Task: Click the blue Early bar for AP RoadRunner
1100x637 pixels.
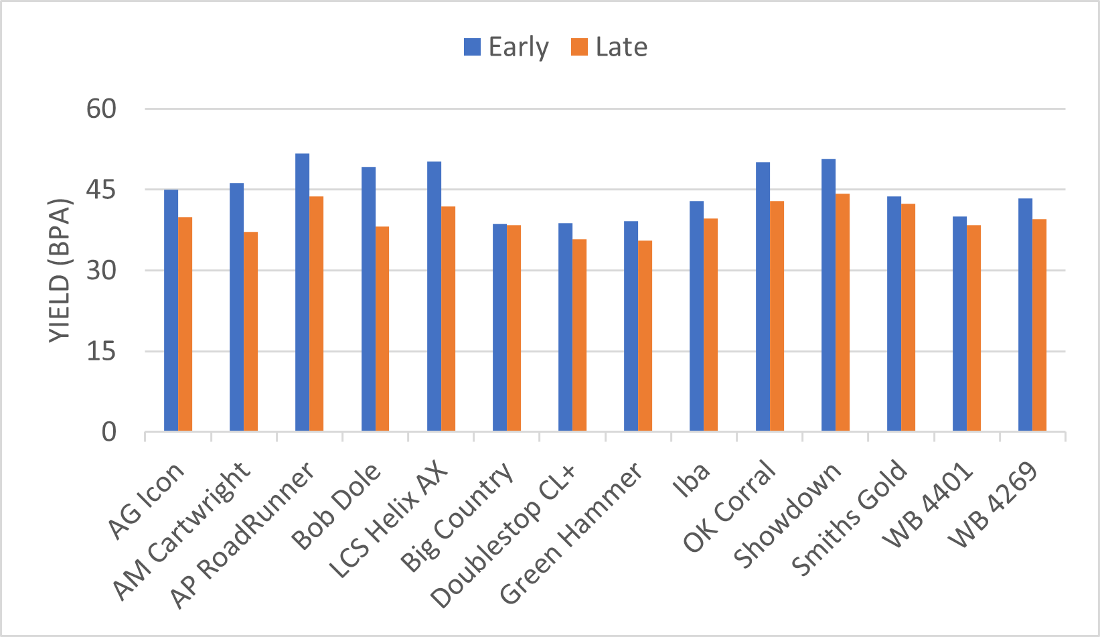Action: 302,293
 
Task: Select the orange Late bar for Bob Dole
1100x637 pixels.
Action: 382,329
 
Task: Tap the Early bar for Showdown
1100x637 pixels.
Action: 828,295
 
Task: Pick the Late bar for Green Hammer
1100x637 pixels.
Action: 645,336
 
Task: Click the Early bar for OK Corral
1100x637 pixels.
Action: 763,297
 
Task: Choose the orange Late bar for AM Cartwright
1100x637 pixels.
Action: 250,332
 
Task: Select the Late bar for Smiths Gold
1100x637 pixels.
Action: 908,317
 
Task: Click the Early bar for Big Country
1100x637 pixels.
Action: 499,328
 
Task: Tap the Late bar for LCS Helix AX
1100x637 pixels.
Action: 448,319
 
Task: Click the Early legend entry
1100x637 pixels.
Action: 507,47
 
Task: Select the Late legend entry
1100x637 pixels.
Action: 609,47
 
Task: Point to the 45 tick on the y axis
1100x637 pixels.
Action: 101,190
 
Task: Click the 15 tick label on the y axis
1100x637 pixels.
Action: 101,352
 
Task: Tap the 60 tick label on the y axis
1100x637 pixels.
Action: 101,109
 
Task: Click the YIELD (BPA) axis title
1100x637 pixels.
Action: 60,271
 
